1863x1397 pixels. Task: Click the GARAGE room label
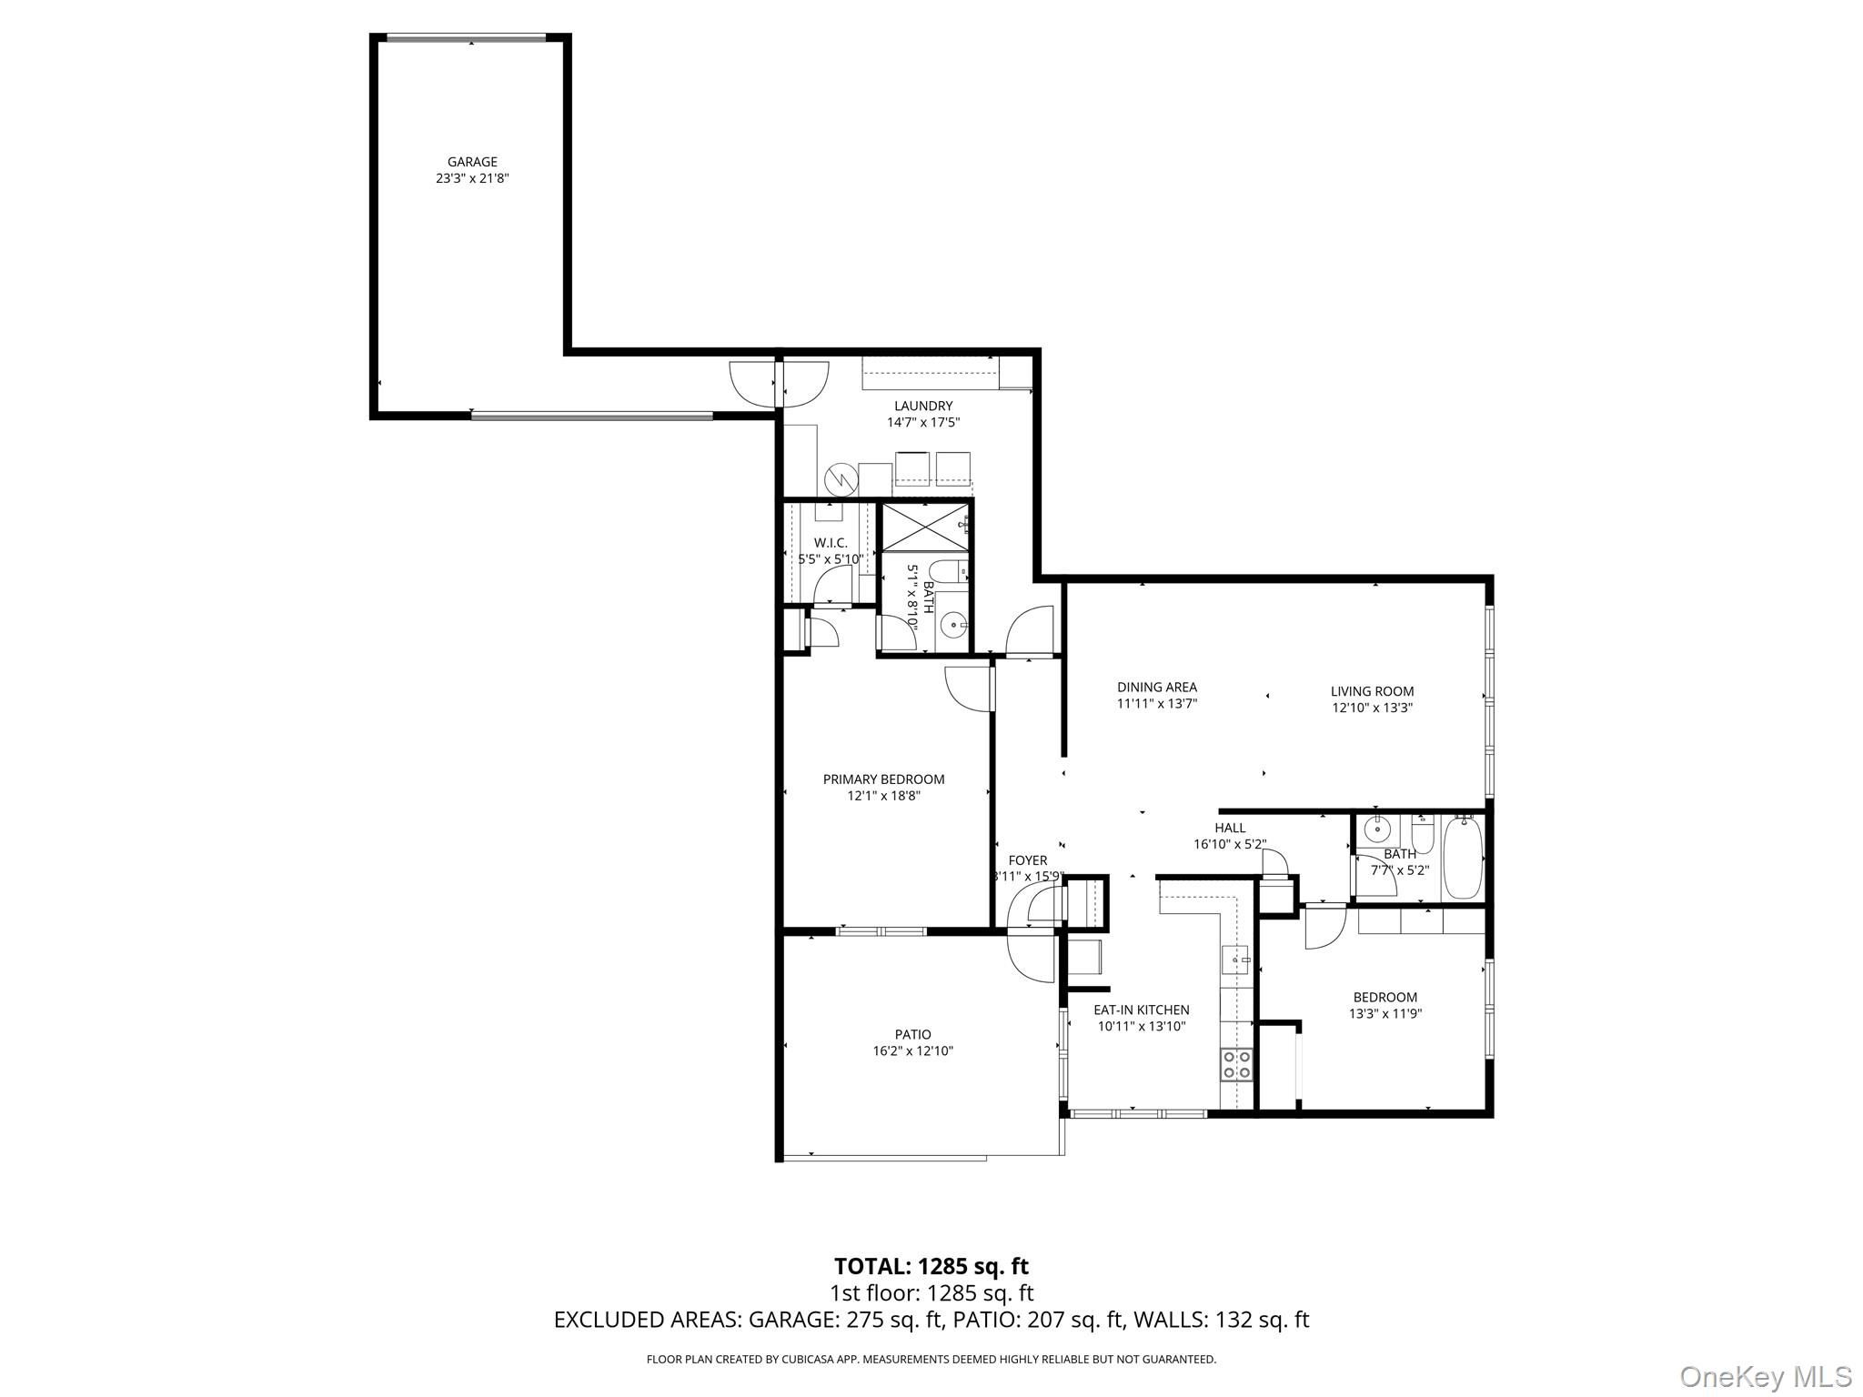pyautogui.click(x=472, y=162)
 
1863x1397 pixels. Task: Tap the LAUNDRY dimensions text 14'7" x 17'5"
pyautogui.click(x=923, y=422)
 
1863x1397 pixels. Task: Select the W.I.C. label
pyautogui.click(x=831, y=543)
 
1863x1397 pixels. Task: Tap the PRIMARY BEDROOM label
pyautogui.click(x=883, y=779)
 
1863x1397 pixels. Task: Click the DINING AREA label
pyautogui.click(x=1157, y=688)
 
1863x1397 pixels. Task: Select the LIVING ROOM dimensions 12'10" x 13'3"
pyautogui.click(x=1372, y=708)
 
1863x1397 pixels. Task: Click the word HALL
pyautogui.click(x=1230, y=828)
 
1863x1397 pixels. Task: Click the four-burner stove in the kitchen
pyautogui.click(x=1236, y=1063)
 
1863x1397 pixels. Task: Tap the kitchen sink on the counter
pyautogui.click(x=1236, y=960)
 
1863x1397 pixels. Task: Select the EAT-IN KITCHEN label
pyautogui.click(x=1141, y=1010)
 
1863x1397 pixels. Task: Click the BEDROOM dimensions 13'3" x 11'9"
pyautogui.click(x=1385, y=1013)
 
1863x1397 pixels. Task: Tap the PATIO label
pyautogui.click(x=912, y=1034)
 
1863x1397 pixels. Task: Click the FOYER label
pyautogui.click(x=1028, y=860)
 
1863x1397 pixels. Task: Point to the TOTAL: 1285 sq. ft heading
pyautogui.click(x=931, y=1266)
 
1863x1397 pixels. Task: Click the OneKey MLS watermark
pyautogui.click(x=1765, y=1376)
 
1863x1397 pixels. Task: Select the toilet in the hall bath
pyautogui.click(x=1423, y=832)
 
